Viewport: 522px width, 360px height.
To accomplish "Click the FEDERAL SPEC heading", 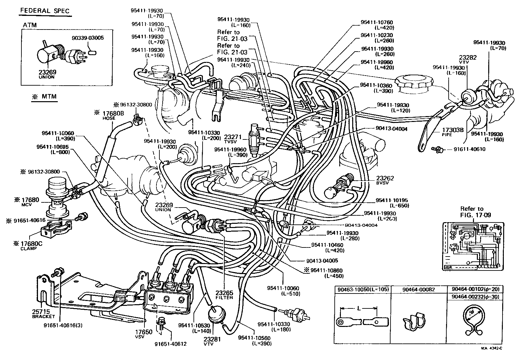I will (45, 11).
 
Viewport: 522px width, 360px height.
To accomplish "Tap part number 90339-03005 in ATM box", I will (87, 38).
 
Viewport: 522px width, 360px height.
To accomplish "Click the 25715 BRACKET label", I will (43, 314).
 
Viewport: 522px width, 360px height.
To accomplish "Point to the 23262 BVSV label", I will (385, 180).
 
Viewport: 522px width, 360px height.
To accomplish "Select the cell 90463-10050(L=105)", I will (362, 289).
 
